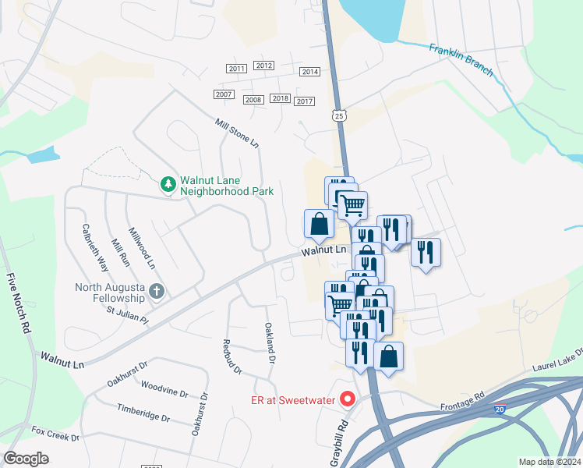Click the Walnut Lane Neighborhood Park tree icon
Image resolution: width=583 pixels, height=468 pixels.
click(x=167, y=184)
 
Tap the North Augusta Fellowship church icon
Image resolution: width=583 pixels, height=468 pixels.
click(x=156, y=292)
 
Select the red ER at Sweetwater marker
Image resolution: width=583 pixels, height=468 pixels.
click(x=348, y=400)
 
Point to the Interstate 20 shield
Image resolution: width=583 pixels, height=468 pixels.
click(x=499, y=408)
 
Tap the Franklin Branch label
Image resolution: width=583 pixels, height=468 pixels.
click(x=461, y=59)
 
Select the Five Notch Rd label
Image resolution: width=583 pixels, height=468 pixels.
click(x=17, y=304)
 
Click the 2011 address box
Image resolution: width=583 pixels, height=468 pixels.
click(x=237, y=69)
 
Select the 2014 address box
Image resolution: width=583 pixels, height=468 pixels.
click(x=310, y=72)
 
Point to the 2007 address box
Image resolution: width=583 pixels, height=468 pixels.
click(x=224, y=94)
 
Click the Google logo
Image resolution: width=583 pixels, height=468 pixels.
click(x=26, y=459)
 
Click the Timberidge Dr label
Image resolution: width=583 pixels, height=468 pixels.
click(x=143, y=413)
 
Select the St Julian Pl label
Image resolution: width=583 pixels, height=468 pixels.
click(x=127, y=315)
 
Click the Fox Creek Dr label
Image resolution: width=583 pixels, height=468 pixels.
click(x=55, y=433)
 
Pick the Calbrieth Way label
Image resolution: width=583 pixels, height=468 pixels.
click(x=96, y=248)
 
